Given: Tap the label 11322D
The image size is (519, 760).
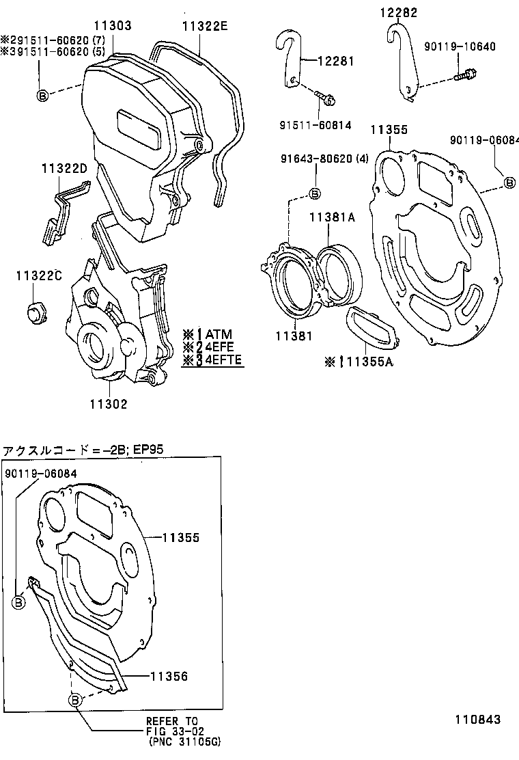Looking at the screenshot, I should tap(64, 168).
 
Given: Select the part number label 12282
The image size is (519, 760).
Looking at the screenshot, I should tap(399, 12).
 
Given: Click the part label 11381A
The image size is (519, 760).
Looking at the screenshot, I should tap(332, 217).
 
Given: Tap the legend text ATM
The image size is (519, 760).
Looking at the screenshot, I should tap(219, 334).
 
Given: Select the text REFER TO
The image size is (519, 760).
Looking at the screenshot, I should tap(171, 722).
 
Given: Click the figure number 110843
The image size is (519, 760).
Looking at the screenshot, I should tap(478, 720).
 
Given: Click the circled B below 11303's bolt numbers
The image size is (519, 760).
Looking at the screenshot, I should tap(42, 96).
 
